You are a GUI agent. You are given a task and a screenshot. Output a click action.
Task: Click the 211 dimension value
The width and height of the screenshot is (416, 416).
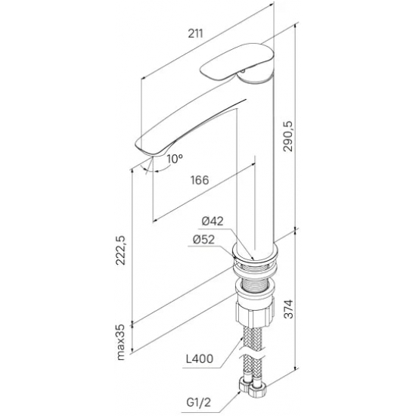click(196, 34)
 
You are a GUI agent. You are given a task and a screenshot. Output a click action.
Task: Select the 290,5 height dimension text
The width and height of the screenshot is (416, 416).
click(287, 136)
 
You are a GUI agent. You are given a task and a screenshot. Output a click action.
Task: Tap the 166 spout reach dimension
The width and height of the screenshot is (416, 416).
click(200, 180)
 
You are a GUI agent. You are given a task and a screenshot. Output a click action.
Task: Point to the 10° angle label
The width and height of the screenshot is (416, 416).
click(175, 159)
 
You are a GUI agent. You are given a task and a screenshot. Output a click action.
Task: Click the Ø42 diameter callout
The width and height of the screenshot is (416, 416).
click(213, 221)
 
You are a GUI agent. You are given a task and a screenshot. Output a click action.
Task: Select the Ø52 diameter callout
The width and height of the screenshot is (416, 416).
click(203, 240)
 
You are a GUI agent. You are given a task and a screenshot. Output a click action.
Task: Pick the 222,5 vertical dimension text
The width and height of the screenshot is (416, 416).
click(120, 250)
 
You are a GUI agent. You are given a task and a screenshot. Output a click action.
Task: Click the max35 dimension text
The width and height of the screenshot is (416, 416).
click(120, 342)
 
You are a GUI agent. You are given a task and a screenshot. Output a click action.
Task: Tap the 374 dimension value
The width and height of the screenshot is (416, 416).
click(288, 309)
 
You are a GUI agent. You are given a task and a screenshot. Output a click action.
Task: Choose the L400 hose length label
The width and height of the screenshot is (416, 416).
click(200, 359)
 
